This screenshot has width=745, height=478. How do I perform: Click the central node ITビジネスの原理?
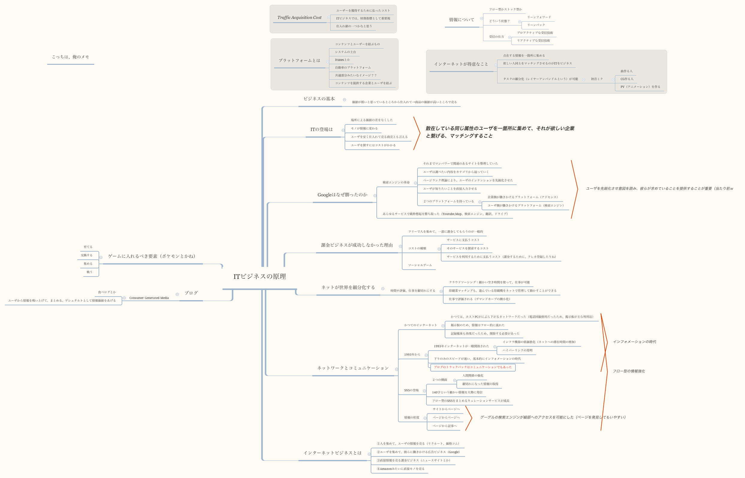pyautogui.click(x=260, y=276)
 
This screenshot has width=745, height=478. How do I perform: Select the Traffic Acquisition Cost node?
pyautogui.click(x=299, y=18)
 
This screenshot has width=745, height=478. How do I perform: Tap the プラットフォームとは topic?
pyautogui.click(x=299, y=61)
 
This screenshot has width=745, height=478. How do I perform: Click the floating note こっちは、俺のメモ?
pyautogui.click(x=70, y=57)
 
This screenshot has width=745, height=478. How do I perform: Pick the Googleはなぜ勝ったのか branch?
pyautogui.click(x=343, y=195)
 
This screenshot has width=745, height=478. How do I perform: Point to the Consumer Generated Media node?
pyautogui.click(x=149, y=298)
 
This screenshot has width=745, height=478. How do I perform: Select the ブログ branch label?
pyautogui.click(x=191, y=293)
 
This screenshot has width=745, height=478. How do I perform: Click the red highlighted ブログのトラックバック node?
pyautogui.click(x=473, y=367)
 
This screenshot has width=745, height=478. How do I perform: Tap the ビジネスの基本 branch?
pyautogui.click(x=319, y=99)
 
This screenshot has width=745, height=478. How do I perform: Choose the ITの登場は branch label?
pyautogui.click(x=321, y=130)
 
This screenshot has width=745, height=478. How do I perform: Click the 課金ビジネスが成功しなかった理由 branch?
pyautogui.click(x=357, y=245)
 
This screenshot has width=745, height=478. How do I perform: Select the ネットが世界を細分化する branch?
pyautogui.click(x=348, y=287)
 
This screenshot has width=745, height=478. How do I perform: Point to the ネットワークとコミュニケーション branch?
pyautogui.click(x=353, y=368)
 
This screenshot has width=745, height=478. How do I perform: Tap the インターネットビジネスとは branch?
pyautogui.click(x=332, y=453)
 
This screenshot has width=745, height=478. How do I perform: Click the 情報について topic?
pyautogui.click(x=462, y=20)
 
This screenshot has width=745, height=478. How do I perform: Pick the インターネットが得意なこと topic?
pyautogui.click(x=461, y=64)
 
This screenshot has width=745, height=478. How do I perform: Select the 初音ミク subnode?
pyautogui.click(x=597, y=79)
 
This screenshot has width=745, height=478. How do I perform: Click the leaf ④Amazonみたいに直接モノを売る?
pyautogui.click(x=400, y=469)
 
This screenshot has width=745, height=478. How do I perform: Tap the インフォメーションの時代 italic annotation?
pyautogui.click(x=634, y=342)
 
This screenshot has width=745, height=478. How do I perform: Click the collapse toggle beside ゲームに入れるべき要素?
pyautogui.click(x=101, y=257)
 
